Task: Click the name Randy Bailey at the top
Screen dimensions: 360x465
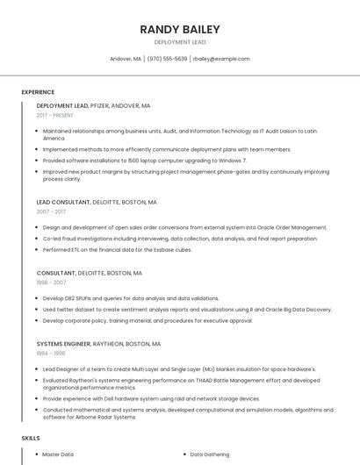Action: point(180,29)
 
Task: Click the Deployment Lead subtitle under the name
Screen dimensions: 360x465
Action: point(180,42)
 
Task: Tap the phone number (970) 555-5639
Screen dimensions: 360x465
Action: point(167,59)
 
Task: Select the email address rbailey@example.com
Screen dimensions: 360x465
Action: point(221,59)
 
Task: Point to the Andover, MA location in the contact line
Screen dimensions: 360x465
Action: point(126,59)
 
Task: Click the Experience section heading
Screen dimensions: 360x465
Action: point(38,92)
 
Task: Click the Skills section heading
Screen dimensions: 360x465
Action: point(31,437)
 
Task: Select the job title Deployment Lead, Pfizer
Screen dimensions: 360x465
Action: point(93,106)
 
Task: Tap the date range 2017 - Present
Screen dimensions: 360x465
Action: point(54,115)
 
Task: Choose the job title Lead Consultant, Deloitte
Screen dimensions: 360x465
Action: point(97,202)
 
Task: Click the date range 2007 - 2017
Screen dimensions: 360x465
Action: point(51,211)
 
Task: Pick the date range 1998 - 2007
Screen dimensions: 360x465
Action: point(51,283)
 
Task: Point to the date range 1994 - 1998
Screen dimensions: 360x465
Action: point(51,354)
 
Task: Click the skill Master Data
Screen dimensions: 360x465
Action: point(58,454)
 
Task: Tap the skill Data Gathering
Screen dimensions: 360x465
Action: point(210,454)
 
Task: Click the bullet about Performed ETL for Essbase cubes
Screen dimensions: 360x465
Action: point(117,249)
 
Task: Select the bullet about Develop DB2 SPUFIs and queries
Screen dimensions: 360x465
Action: point(131,298)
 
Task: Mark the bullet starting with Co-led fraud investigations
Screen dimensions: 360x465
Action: point(180,239)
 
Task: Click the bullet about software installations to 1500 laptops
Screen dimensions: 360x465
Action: point(145,161)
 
